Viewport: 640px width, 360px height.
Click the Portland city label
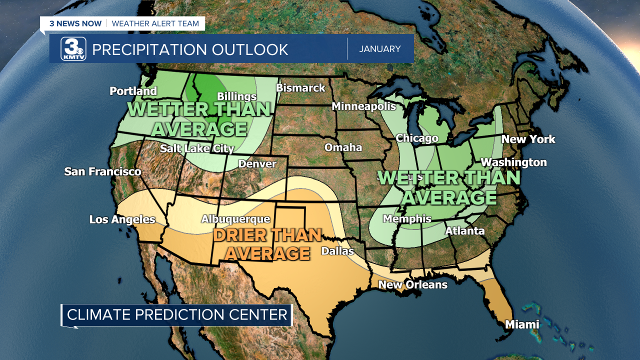coord(133,91)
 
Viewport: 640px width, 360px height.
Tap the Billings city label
coord(236,96)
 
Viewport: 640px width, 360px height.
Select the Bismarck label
coord(300,88)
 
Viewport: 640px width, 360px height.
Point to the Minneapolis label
coord(363,106)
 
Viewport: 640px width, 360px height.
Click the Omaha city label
coord(343,147)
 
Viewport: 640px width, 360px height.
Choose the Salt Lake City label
coord(197,148)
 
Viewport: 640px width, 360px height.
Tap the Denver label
coord(257,164)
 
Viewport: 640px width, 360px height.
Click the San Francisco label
coord(102,172)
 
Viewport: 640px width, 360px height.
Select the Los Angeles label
coord(122,219)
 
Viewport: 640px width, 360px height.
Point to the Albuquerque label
coord(235,219)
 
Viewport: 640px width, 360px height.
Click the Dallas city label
coord(337,251)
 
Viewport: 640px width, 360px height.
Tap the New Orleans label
coord(412,285)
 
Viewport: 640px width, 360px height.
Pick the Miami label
coord(522,324)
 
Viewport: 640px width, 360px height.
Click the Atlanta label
coord(465,231)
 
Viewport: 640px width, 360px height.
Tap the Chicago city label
coord(417,138)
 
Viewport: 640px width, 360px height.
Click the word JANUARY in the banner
coord(380,49)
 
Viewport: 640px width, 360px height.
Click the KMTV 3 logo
coord(73,49)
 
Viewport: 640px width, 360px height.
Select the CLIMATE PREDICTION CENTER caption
coord(177,314)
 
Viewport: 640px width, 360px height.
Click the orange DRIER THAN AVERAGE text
coord(267,244)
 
